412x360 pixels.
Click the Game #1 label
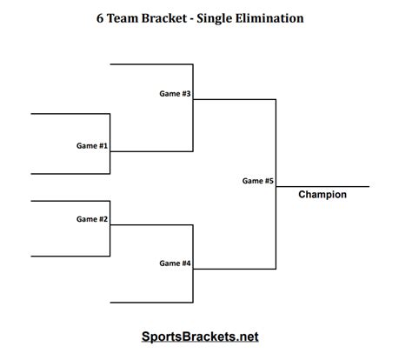click(x=91, y=145)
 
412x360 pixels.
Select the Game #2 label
click(x=91, y=219)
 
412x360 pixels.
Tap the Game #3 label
click(x=175, y=93)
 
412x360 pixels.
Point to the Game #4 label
click(x=175, y=263)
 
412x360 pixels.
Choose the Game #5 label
click(x=258, y=181)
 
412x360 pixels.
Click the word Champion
click(x=322, y=195)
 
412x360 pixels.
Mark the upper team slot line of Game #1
click(x=70, y=114)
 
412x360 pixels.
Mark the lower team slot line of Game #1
click(x=70, y=174)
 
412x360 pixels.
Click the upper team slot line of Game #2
click(x=70, y=201)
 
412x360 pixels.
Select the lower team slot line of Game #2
click(x=70, y=256)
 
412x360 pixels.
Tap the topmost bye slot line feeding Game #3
click(x=151, y=64)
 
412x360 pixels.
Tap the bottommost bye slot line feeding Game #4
click(x=151, y=303)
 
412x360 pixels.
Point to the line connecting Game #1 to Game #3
click(x=151, y=151)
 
